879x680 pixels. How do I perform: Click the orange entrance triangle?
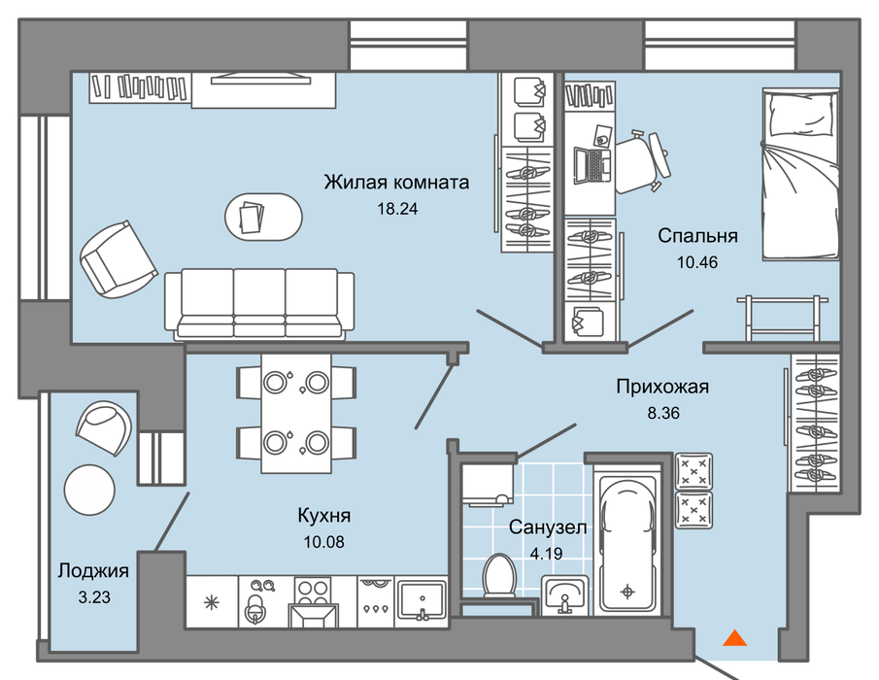click(x=734, y=638)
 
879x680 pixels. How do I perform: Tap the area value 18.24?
click(x=397, y=209)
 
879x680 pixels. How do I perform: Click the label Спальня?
click(x=697, y=235)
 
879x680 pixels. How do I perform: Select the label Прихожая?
click(x=662, y=387)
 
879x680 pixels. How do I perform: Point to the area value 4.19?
click(x=546, y=554)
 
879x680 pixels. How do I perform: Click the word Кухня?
click(x=324, y=515)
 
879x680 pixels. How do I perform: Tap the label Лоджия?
click(x=93, y=570)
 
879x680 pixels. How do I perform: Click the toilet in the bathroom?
click(x=499, y=575)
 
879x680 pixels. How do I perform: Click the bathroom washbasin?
click(x=565, y=595)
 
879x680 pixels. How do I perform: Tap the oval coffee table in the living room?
click(x=263, y=217)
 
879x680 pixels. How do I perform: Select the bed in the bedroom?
click(x=800, y=174)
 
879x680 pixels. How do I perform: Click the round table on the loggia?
click(x=89, y=490)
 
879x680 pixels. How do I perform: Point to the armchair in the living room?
click(x=118, y=259)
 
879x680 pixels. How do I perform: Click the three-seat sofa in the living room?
click(x=259, y=304)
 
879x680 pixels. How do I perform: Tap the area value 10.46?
click(x=697, y=261)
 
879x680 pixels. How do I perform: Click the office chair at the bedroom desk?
click(x=642, y=162)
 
